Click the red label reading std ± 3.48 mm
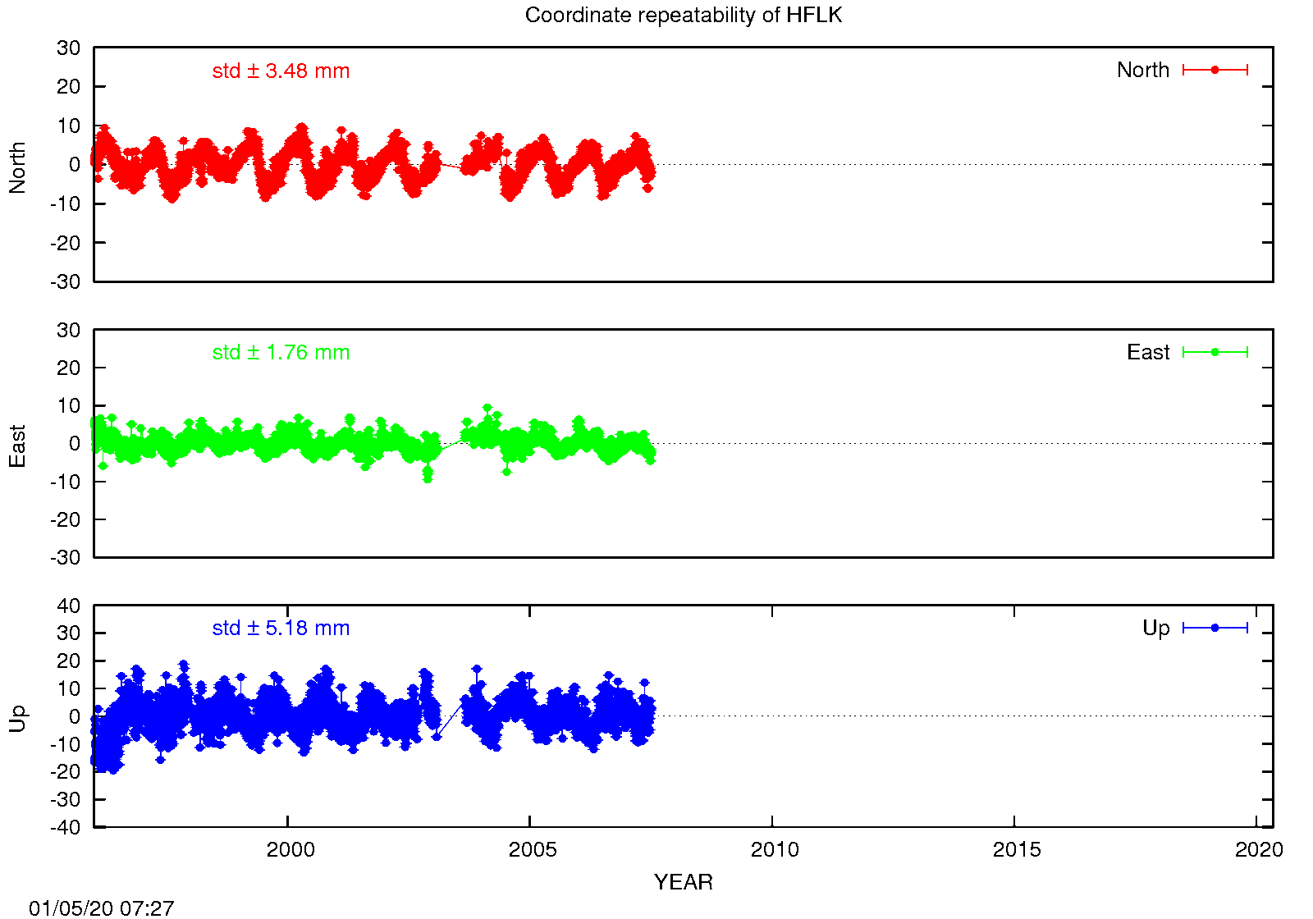point(281,71)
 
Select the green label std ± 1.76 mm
point(281,353)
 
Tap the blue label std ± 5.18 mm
point(281,629)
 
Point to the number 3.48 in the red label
point(286,71)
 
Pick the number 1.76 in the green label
point(286,353)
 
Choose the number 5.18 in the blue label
point(286,629)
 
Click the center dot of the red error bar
point(1215,70)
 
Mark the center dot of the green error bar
point(1215,352)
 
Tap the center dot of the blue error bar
point(1215,628)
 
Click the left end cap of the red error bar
point(1183,70)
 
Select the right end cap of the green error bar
point(1247,352)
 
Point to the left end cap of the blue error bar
point(1183,628)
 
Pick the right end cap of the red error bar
point(1247,70)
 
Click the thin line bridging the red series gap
point(451,167)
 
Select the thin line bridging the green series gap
point(451,444)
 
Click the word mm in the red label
point(332,71)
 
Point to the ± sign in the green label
point(253,353)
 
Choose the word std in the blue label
point(226,629)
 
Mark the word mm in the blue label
point(332,629)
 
